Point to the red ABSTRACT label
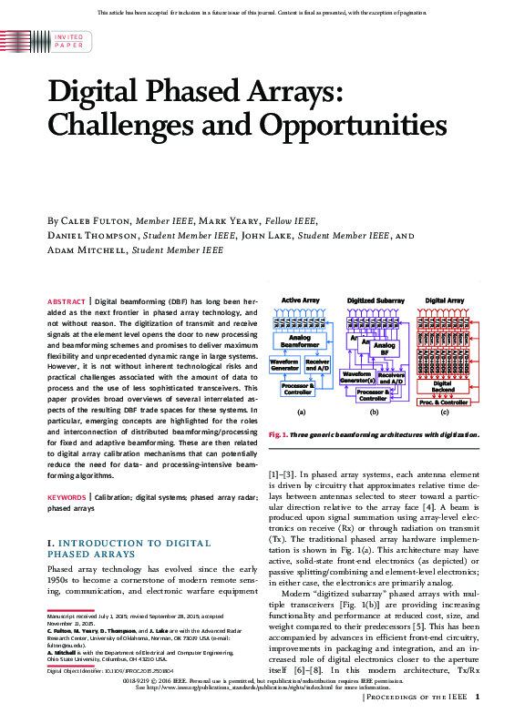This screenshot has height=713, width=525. click(67, 300)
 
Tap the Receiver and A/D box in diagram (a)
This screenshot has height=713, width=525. click(317, 365)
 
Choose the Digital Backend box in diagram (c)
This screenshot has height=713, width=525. click(442, 386)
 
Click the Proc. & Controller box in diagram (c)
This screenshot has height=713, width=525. click(443, 402)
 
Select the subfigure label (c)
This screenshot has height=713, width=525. click(444, 413)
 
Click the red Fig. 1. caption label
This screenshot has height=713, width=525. click(279, 435)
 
